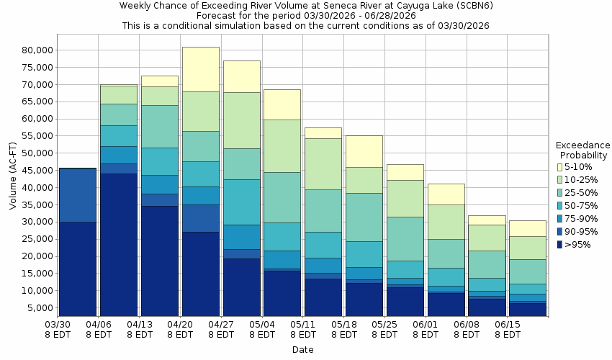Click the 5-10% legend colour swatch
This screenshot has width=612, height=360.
(559, 167)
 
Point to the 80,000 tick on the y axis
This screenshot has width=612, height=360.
(36, 50)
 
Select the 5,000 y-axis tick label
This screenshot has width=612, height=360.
(39, 308)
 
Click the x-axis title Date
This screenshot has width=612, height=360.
(302, 349)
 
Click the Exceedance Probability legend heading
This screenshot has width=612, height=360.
(583, 150)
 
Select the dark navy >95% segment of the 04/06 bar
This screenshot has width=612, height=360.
(119, 245)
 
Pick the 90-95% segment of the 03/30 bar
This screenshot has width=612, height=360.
(78, 195)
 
